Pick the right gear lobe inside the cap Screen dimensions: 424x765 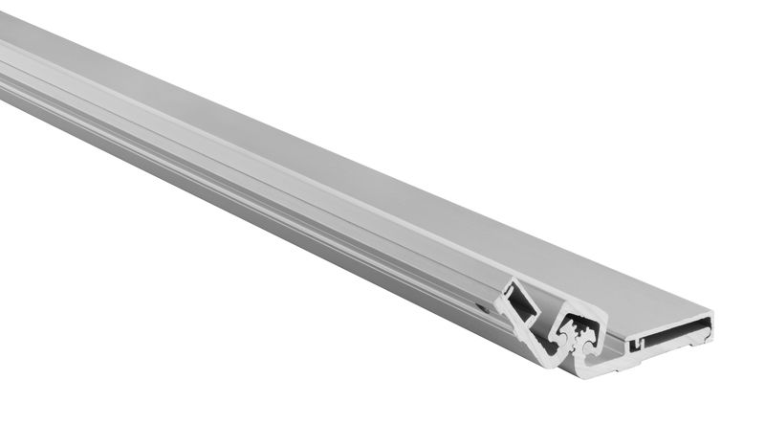pos(589,335)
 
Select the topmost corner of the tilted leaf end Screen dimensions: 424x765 pos(509,280)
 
